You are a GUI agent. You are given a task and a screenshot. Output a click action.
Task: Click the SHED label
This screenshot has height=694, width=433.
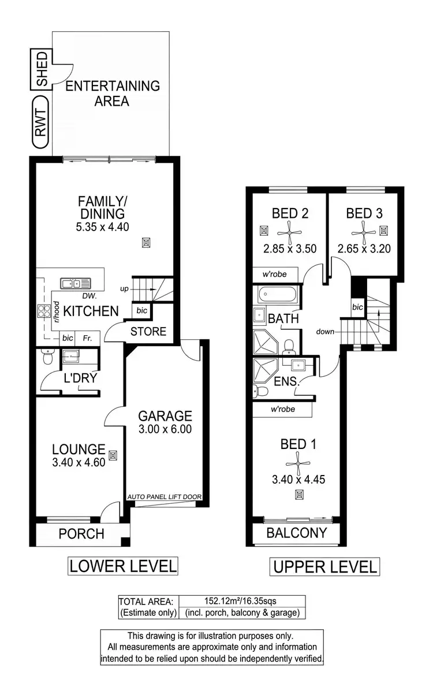coord(41,70)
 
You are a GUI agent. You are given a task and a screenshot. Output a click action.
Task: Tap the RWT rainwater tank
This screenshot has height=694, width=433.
coord(41,124)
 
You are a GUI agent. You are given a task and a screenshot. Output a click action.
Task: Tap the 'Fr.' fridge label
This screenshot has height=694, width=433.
coord(88,337)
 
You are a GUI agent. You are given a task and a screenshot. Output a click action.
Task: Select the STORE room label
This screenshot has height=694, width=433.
coord(148,332)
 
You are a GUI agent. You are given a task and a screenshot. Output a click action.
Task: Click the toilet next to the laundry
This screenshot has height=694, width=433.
coord(47,359)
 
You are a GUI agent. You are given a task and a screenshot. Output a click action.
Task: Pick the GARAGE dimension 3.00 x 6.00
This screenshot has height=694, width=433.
coord(165,429)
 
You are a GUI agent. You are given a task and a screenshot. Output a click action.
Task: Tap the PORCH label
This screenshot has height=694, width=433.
coord(81,533)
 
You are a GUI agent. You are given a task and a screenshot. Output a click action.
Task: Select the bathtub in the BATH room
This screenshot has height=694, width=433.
coord(276,296)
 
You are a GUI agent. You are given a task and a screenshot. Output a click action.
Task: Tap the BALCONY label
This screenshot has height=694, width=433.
coord(296,533)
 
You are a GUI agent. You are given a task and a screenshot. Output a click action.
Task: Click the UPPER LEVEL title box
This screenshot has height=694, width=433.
coord(324,567)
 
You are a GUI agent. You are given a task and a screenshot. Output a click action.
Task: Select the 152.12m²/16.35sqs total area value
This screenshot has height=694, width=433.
coord(242,601)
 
